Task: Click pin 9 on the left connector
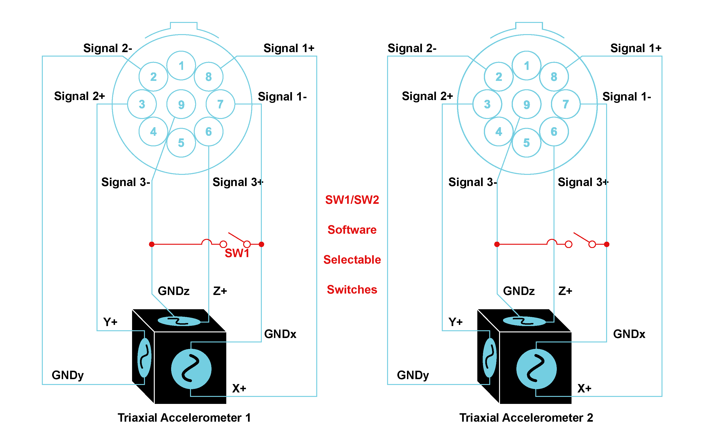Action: (181, 104)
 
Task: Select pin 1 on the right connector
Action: (526, 65)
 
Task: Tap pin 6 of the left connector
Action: (209, 132)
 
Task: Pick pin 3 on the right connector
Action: (487, 104)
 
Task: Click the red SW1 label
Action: (237, 253)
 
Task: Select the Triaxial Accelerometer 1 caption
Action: (184, 417)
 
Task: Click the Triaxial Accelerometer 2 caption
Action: (526, 417)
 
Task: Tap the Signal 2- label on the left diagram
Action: (108, 48)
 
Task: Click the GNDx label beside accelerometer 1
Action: (280, 334)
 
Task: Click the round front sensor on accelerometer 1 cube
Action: (191, 369)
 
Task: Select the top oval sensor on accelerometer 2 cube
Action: (524, 321)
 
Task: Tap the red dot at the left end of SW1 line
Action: (151, 244)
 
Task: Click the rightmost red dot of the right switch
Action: (607, 244)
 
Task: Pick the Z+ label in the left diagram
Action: (220, 291)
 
